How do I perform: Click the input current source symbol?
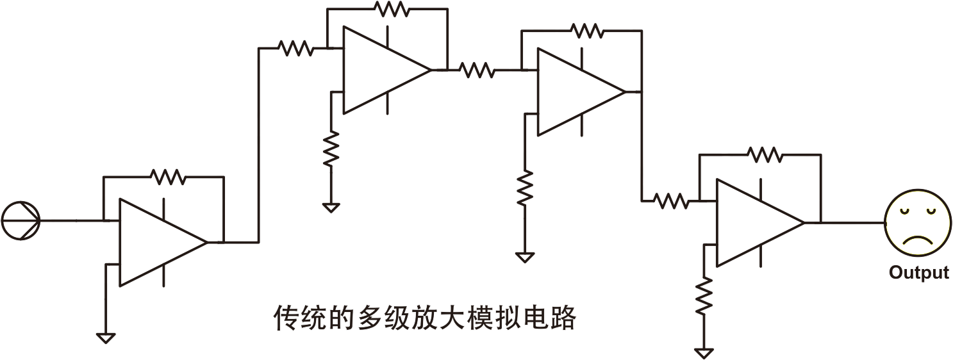(x=21, y=220)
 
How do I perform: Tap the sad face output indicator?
(x=917, y=223)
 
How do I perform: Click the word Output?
(x=919, y=272)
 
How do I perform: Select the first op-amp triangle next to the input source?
(x=163, y=242)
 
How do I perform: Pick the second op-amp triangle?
(x=387, y=70)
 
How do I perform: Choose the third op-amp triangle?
(x=581, y=92)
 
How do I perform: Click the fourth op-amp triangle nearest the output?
(x=760, y=223)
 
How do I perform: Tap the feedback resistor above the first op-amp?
(x=168, y=176)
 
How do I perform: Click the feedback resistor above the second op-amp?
(x=392, y=8)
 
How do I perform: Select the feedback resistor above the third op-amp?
(x=586, y=31)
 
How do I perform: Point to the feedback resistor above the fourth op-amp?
(x=765, y=155)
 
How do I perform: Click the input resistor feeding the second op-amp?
(x=295, y=49)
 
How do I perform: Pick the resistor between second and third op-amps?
(x=477, y=70)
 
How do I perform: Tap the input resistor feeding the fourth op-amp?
(x=671, y=200)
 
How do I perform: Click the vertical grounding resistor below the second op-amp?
(x=331, y=149)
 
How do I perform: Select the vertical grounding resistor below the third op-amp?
(x=525, y=188)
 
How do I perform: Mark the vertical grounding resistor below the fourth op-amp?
(x=704, y=296)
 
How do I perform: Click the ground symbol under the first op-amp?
(x=106, y=338)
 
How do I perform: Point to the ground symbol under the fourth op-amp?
(x=704, y=353)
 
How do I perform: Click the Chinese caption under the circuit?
(x=424, y=318)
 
